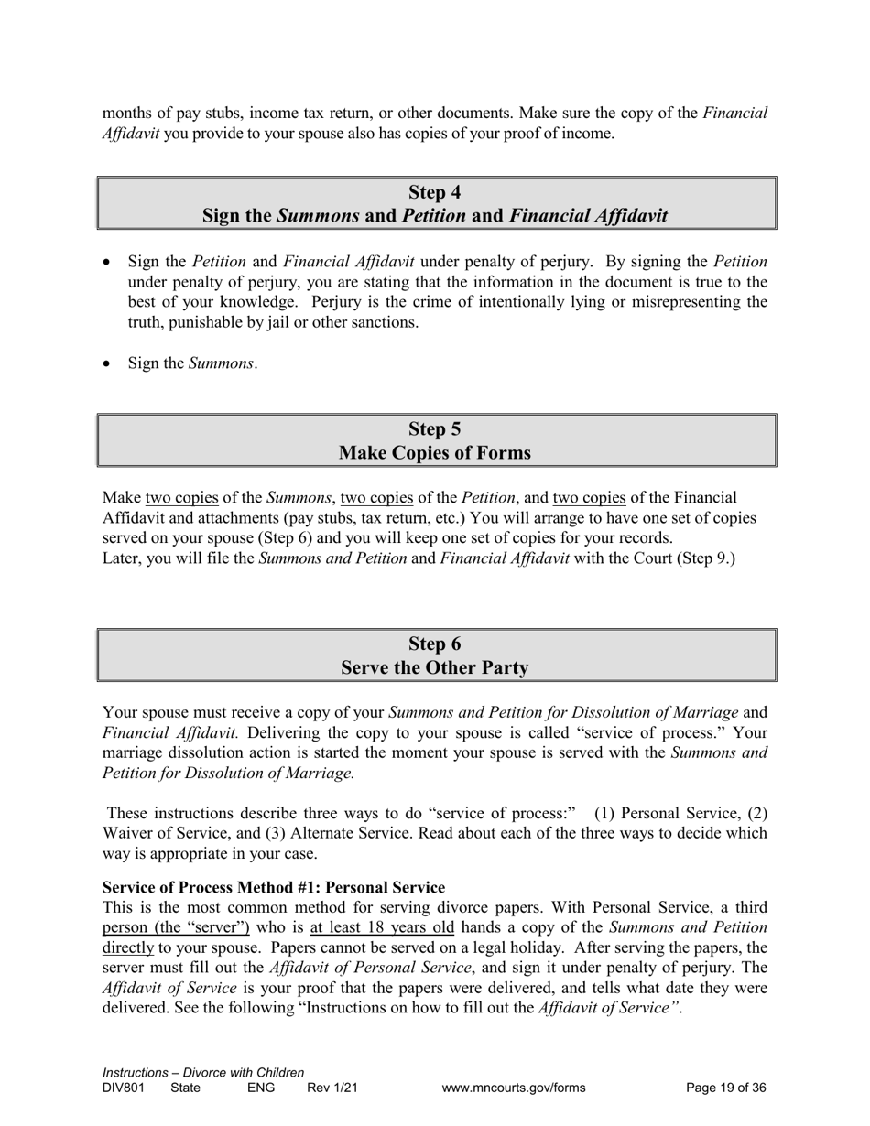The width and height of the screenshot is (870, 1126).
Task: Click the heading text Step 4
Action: tap(434, 192)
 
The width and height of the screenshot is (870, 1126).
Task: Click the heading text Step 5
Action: tap(434, 429)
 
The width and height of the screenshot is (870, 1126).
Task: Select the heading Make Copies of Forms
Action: tap(434, 453)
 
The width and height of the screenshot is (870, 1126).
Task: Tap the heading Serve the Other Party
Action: tap(434, 668)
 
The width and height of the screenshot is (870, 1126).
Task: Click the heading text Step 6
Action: tap(434, 644)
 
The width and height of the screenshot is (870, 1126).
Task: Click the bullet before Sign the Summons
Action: tap(107, 363)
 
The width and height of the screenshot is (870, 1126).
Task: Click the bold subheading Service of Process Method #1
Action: tap(274, 888)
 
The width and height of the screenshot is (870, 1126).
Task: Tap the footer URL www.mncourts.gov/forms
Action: tap(513, 1088)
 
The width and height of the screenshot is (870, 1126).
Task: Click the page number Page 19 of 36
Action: tap(726, 1088)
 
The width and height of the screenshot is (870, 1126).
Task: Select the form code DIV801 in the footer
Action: tap(124, 1088)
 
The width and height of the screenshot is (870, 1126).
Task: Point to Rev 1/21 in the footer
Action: tap(332, 1088)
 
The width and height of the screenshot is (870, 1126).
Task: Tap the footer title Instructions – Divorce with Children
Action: tap(203, 1073)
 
